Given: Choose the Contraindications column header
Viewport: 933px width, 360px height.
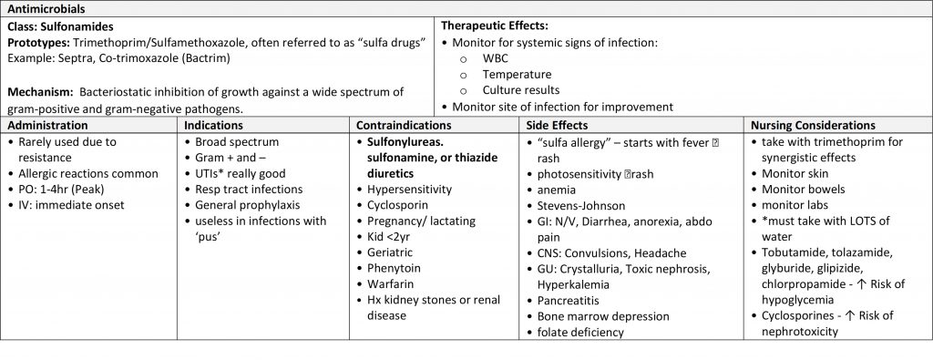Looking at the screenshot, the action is [x=404, y=125].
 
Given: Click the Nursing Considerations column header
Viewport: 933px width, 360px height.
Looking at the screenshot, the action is [x=812, y=125].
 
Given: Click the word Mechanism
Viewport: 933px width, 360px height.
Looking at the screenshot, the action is [x=37, y=91].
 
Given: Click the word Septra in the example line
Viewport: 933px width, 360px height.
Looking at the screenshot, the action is [x=74, y=57].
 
